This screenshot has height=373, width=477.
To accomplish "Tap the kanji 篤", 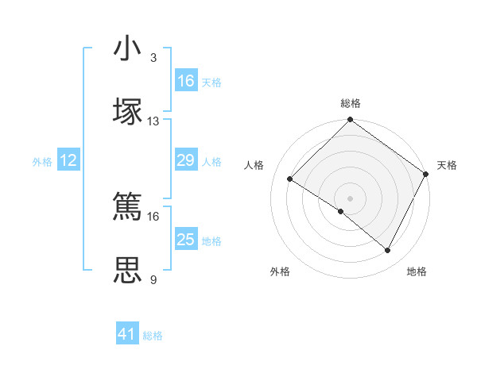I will pyautogui.click(x=128, y=206).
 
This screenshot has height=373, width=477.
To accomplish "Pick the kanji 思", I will pyautogui.click(x=128, y=269).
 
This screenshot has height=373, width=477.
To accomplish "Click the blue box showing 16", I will pyautogui.click(x=186, y=81).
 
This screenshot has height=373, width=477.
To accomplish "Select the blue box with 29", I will pyautogui.click(x=186, y=161).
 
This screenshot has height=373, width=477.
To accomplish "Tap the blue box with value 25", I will pyautogui.click(x=186, y=240).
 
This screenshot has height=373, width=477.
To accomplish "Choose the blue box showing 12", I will pyautogui.click(x=69, y=161).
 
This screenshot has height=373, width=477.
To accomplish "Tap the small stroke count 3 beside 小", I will pyautogui.click(x=153, y=58).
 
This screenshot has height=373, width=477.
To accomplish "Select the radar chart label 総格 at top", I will pyautogui.click(x=351, y=103).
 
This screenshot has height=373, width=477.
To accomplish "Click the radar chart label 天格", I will pyautogui.click(x=447, y=165).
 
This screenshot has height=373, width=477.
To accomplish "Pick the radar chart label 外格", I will pyautogui.click(x=280, y=271).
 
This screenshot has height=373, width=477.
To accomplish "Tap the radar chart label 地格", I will pyautogui.click(x=417, y=271).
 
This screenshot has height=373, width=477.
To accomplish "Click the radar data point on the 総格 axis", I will pyautogui.click(x=351, y=121).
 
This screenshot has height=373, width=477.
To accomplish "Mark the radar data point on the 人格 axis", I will pyautogui.click(x=290, y=179).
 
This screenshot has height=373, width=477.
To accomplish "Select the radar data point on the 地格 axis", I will pyautogui.click(x=388, y=251).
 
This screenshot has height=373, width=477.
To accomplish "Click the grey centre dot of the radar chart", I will pyautogui.click(x=351, y=198).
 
